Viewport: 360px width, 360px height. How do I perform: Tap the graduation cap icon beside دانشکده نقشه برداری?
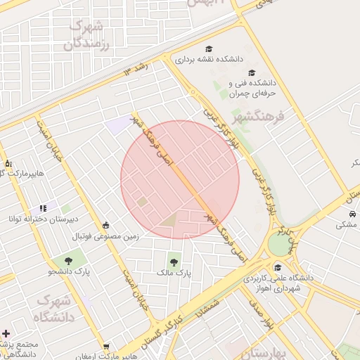pos(208,49)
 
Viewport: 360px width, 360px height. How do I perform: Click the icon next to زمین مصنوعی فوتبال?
pos(105,225)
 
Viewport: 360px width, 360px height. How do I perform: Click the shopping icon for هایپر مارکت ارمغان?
pos(105,346)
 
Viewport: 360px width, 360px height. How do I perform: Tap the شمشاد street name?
pos(210,307)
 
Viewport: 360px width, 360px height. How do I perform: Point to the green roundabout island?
pos(280,245)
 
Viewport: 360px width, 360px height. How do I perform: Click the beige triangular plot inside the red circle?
pos(169,221)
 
